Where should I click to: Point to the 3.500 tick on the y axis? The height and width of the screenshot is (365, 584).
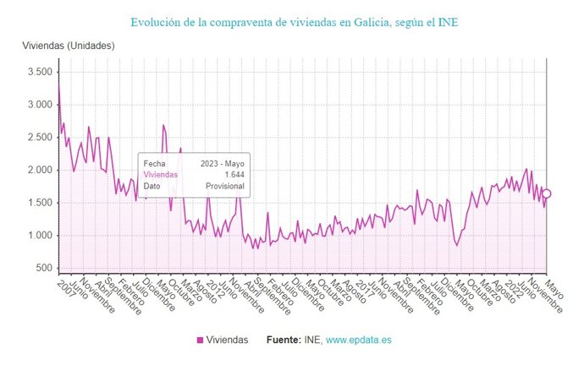tap(39, 73)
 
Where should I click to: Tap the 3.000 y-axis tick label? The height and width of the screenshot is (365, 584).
tap(39, 105)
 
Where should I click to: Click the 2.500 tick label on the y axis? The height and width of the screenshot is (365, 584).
tap(39, 138)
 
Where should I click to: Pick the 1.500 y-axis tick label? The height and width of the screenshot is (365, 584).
tap(39, 203)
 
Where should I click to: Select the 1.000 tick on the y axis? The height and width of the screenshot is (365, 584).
tap(39, 236)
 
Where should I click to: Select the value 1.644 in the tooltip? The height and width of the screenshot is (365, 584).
tap(234, 174)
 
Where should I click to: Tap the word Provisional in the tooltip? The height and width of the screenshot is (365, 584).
tap(225, 186)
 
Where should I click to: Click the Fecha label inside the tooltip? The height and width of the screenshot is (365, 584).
tap(155, 163)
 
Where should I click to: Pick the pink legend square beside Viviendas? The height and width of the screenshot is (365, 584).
tap(200, 340)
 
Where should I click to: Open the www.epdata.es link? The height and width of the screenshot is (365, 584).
tap(359, 340)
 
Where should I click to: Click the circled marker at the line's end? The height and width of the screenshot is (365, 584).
tap(546, 193)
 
